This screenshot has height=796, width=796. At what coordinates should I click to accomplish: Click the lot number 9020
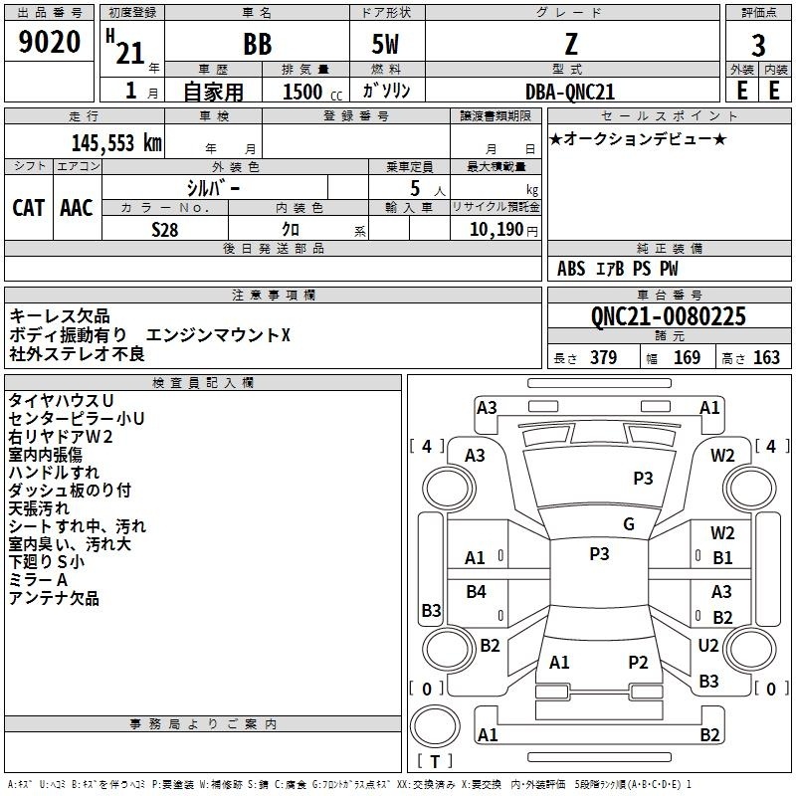pyautogui.click(x=49, y=42)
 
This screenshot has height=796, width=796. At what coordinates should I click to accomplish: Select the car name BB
pyautogui.click(x=258, y=44)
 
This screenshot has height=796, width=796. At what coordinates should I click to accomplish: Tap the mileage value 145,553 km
pyautogui.click(x=116, y=143)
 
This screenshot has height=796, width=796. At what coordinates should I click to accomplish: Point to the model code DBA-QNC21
pyautogui.click(x=569, y=92)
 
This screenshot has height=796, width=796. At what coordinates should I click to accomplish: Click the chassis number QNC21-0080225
pyautogui.click(x=668, y=316)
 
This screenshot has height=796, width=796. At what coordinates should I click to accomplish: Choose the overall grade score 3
pyautogui.click(x=758, y=45)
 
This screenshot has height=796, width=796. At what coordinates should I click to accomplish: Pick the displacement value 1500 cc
pyautogui.click(x=312, y=92)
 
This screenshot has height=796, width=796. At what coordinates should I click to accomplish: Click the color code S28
pyautogui.click(x=164, y=230)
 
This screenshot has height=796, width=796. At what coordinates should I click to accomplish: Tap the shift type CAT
pyautogui.click(x=29, y=208)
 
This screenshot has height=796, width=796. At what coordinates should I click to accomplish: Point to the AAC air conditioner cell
pyautogui.click(x=77, y=208)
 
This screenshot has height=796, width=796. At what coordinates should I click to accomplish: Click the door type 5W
pyautogui.click(x=385, y=44)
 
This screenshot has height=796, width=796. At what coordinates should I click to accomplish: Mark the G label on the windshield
pyautogui.click(x=629, y=523)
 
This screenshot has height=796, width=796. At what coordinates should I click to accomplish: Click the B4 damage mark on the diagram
pyautogui.click(x=476, y=591)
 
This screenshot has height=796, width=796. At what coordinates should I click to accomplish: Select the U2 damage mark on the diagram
pyautogui.click(x=707, y=645)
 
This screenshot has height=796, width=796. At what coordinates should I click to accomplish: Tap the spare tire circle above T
pyautogui.click(x=435, y=726)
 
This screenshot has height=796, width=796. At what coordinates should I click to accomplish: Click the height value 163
pyautogui.click(x=766, y=357)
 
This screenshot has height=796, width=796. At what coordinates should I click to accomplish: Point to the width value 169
pyautogui.click(x=687, y=357)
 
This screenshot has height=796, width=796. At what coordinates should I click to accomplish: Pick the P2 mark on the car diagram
pyautogui.click(x=638, y=662)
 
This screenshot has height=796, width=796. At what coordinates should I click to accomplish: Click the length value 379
pyautogui.click(x=603, y=357)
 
